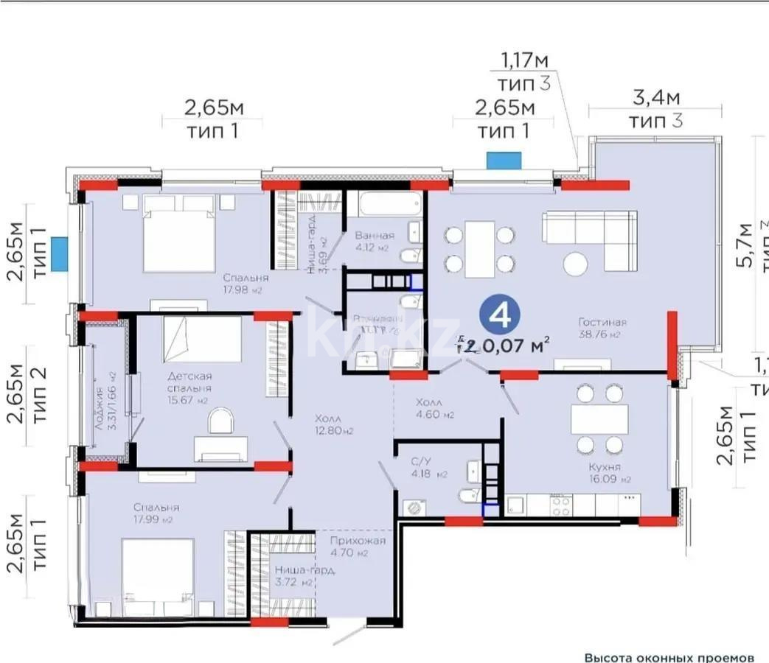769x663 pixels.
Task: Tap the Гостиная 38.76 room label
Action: click(x=602, y=328)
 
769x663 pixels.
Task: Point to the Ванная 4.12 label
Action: click(x=373, y=241)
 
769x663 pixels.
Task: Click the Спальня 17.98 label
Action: click(x=246, y=284)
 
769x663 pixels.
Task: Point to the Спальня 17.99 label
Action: click(x=156, y=513)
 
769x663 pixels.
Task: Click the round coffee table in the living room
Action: click(x=575, y=263)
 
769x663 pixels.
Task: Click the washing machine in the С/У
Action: click(x=412, y=507)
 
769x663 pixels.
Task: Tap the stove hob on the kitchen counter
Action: click(x=560, y=505)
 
